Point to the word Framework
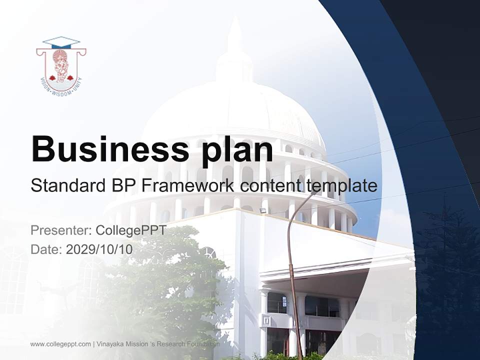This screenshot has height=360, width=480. pos(187,186)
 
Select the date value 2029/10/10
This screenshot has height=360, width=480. pos(99,249)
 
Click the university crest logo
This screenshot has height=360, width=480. pos(61,65)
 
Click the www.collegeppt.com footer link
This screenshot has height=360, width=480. pos(60,344)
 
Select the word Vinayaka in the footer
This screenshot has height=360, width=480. pos(112,344)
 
